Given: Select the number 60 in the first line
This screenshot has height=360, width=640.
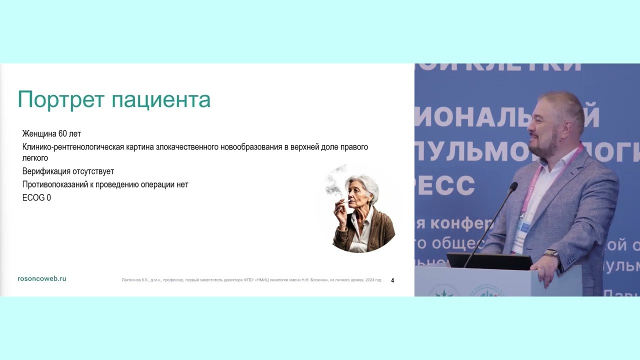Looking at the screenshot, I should tap(62, 134).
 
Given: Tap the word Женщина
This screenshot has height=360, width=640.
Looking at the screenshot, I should tap(39, 134).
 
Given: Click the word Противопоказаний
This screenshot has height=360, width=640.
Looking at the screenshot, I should tap(54, 184).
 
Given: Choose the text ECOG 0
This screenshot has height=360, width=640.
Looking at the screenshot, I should tap(36, 197).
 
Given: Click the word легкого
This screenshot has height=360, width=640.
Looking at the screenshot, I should tap(35, 158).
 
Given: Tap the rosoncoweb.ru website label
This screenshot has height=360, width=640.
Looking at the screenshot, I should tap(41, 278).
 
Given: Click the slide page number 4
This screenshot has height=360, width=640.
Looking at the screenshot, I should tap(392, 280).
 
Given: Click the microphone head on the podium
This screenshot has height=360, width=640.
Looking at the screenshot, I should tap(513, 187).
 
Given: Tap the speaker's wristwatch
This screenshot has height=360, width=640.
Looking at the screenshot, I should tap(551, 254).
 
